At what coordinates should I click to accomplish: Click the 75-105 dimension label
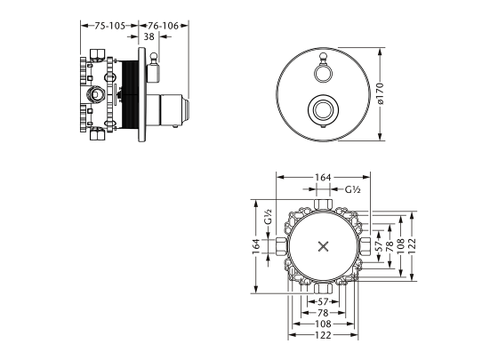click(108, 26)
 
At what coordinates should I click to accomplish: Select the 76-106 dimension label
click(165, 26)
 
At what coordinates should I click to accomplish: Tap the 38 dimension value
click(149, 37)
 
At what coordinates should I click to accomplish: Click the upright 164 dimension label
click(323, 178)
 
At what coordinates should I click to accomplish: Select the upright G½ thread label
click(352, 189)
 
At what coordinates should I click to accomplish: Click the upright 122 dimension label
click(323, 336)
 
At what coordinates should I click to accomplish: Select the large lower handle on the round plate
click(323, 110)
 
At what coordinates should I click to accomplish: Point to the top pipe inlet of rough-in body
click(323, 206)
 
